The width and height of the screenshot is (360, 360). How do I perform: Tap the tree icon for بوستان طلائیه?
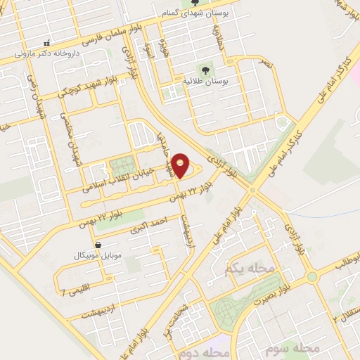[205, 70]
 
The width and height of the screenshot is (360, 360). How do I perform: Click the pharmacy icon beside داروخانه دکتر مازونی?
[47, 44]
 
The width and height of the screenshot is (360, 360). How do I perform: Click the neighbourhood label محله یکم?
[243, 269]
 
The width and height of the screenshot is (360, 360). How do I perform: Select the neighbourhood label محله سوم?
[299, 349]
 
